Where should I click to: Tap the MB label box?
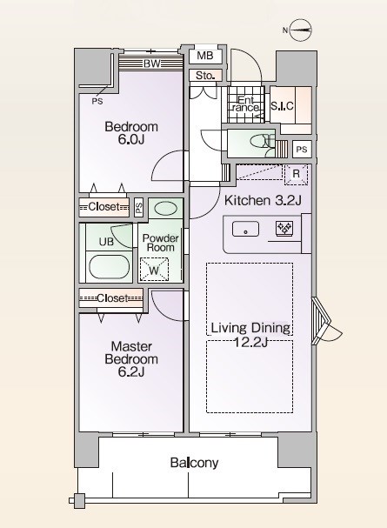tap(205, 57)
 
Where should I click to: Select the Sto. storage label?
tap(204, 76)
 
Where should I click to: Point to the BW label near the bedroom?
tap(150, 63)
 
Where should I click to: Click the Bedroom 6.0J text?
tap(131, 133)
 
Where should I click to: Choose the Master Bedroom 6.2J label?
tap(132, 359)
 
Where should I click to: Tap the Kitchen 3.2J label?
tap(263, 201)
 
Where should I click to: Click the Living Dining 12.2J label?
tap(250, 335)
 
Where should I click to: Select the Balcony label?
tap(194, 463)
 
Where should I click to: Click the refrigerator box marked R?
tap(296, 174)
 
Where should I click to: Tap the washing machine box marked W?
tap(154, 271)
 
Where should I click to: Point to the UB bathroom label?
tap(105, 242)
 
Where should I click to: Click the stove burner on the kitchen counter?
tap(284, 230)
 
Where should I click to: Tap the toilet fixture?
tap(255, 142)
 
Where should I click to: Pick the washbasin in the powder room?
tap(165, 210)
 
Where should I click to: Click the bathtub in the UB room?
tap(108, 266)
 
